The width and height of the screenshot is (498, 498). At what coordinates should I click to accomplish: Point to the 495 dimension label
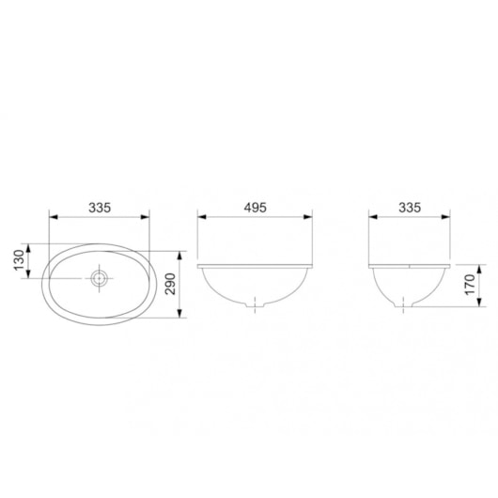(x=255, y=206)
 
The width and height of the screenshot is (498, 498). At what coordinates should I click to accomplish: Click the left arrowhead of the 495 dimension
(x=201, y=219)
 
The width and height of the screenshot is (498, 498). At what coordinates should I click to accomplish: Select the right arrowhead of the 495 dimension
(x=309, y=219)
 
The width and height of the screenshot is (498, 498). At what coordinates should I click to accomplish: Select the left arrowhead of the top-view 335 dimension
(x=52, y=219)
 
